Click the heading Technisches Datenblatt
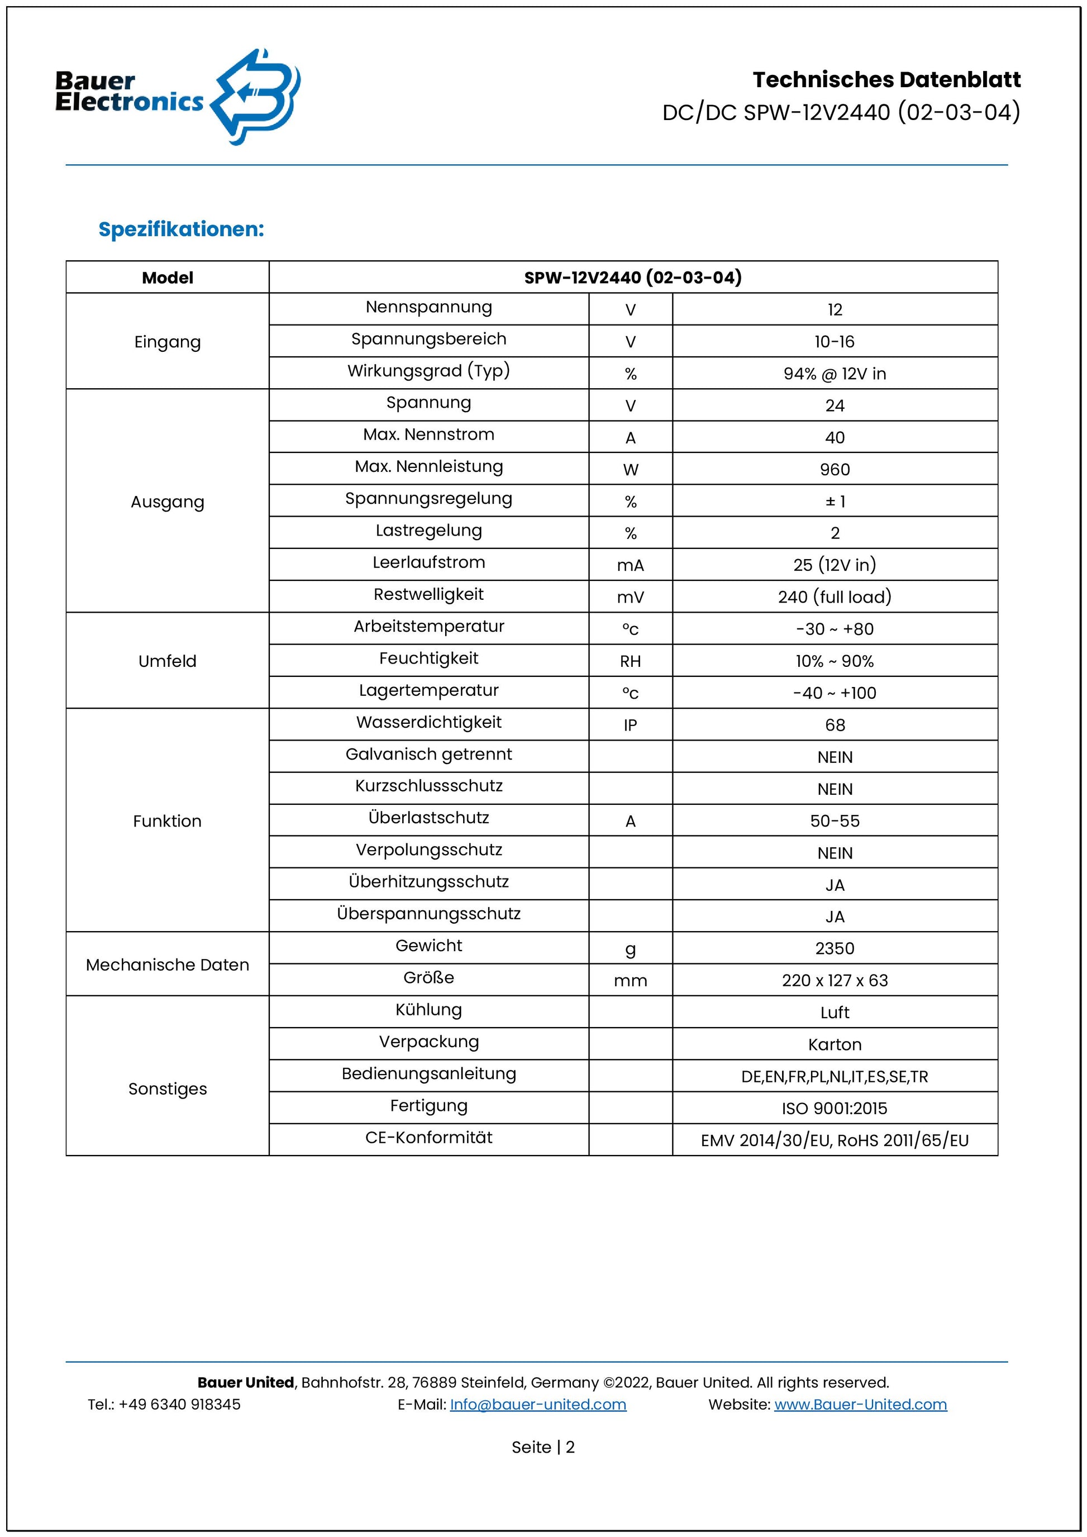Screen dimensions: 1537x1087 (886, 80)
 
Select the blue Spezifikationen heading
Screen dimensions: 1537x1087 (182, 229)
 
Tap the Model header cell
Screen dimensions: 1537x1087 (168, 278)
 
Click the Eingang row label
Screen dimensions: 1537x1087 (168, 342)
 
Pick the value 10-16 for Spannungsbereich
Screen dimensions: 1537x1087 (834, 342)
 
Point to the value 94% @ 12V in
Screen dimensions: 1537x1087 (834, 374)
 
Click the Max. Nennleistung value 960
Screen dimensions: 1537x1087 (834, 470)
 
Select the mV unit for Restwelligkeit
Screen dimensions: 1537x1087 (630, 598)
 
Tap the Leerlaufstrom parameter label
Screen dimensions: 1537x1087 (428, 562)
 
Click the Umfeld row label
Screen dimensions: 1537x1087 (168, 661)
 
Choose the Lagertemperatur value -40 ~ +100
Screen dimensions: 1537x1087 (834, 694)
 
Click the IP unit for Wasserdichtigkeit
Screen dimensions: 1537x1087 (630, 725)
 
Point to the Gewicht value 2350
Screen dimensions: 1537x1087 (834, 948)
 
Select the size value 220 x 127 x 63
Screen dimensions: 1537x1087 (834, 981)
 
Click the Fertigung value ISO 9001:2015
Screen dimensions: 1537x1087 (834, 1109)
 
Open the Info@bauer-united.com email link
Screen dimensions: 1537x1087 (537, 1405)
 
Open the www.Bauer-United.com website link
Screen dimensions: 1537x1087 (860, 1405)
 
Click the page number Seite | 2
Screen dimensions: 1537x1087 (543, 1447)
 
